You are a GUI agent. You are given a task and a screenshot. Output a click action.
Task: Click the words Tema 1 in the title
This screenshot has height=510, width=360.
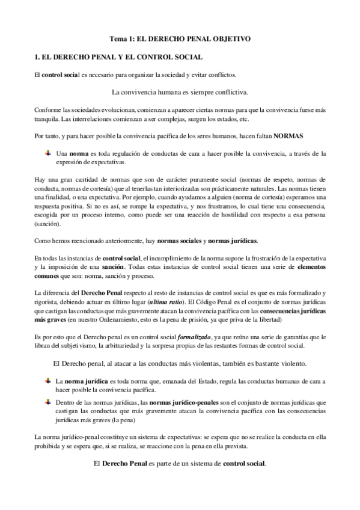[119, 38]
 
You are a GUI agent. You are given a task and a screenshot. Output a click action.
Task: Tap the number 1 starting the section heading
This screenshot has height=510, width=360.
[37, 57]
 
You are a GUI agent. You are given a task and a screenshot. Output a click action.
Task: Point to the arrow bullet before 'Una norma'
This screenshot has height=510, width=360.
[48, 153]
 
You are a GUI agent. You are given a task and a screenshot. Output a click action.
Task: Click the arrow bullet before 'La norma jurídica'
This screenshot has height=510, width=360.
[48, 381]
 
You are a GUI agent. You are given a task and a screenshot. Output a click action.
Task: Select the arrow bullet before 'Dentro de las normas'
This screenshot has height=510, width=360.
[48, 400]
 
